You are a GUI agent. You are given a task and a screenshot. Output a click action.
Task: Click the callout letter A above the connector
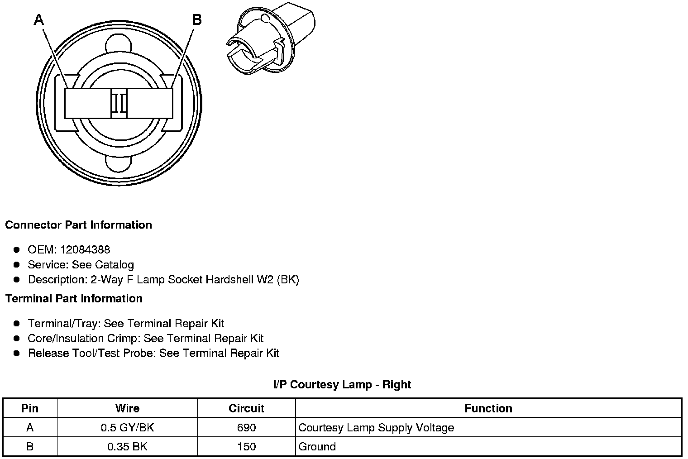coord(39,20)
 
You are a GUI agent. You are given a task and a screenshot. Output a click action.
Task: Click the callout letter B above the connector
coord(197,20)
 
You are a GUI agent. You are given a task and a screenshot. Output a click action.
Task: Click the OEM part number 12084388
coord(85,249)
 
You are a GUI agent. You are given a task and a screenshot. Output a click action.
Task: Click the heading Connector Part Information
coord(78,225)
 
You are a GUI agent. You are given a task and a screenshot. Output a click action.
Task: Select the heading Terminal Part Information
coord(74,298)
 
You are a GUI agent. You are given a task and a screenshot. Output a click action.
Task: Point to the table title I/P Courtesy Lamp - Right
coord(342,384)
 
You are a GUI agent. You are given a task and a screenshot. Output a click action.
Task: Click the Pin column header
coord(30,408)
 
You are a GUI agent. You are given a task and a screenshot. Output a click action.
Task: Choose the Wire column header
coord(127,408)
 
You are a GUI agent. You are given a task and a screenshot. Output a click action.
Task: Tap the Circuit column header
coord(246,408)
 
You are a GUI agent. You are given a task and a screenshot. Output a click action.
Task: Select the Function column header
coord(488,408)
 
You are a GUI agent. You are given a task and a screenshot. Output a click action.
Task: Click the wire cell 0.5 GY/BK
coord(127,428)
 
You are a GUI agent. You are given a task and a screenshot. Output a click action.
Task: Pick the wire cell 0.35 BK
coord(127,447)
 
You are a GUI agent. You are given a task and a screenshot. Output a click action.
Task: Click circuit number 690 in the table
coord(246,428)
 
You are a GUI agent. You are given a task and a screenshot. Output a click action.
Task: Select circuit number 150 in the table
coord(246,447)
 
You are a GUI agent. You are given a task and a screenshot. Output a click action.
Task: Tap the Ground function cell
coord(317,447)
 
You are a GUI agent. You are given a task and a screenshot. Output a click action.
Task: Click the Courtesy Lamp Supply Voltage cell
coord(376,428)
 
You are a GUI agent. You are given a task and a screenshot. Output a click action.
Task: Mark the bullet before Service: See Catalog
coord(17,264)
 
